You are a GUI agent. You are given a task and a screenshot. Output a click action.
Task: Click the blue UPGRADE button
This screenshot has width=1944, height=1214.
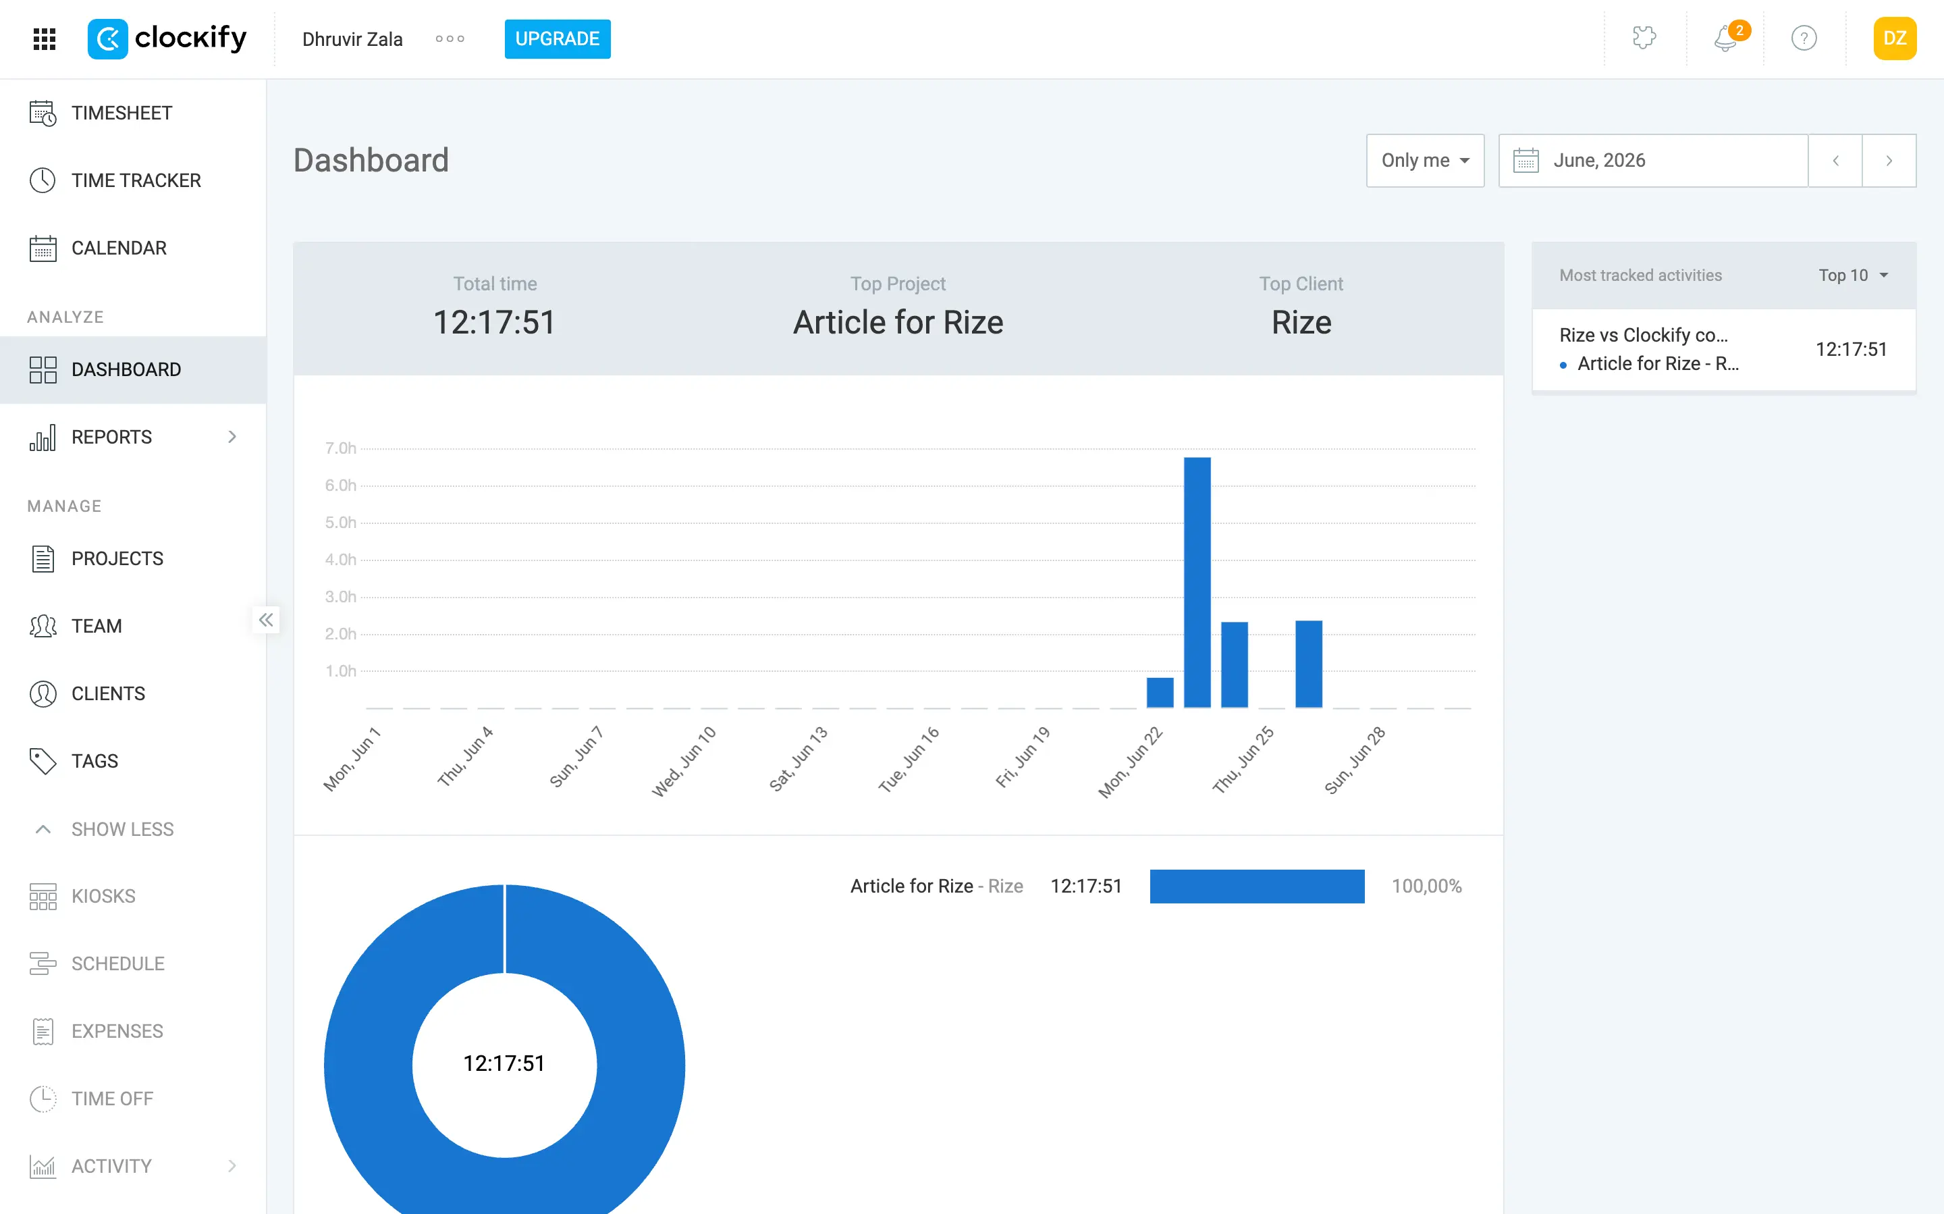557,38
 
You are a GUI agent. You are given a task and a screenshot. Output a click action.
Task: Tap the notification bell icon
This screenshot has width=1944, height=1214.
1725,38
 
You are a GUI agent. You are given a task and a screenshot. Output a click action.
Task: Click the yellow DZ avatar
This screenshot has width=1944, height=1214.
1894,38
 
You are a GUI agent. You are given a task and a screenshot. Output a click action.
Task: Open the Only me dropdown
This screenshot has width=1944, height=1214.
1425,161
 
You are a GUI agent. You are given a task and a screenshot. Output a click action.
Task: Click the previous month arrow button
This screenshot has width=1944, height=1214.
1835,161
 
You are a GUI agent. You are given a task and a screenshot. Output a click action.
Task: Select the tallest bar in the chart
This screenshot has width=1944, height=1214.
1197,582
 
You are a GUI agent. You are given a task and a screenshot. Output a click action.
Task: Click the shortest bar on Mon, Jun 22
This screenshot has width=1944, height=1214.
1160,693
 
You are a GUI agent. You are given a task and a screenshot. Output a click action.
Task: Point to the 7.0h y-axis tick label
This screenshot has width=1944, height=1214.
340,448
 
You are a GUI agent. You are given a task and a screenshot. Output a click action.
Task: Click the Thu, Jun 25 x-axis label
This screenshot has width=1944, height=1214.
1243,760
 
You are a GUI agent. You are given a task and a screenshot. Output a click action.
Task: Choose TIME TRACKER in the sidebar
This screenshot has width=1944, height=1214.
136,181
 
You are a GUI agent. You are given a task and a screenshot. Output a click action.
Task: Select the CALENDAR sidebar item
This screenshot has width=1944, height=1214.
119,248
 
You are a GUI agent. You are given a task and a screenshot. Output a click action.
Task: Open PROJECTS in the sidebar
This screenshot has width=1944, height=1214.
117,559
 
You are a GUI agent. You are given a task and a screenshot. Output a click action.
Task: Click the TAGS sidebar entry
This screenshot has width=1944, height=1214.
94,761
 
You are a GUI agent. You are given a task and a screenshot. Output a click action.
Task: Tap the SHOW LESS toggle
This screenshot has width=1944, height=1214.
122,829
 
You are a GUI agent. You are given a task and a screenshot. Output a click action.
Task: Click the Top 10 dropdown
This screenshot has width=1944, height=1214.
1852,275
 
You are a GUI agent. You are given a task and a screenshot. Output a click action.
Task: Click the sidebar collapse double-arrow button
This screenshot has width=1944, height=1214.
266,620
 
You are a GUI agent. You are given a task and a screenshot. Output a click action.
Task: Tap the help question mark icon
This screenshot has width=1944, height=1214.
1804,38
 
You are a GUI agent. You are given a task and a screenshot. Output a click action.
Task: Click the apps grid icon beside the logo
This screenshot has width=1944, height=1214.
44,38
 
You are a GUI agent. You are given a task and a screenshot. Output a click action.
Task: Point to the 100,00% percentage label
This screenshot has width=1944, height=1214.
1426,886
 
